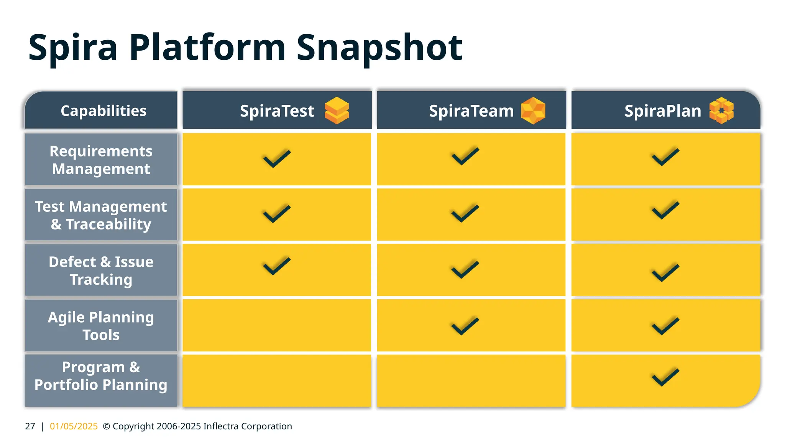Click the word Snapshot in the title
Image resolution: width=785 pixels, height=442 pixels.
click(379, 48)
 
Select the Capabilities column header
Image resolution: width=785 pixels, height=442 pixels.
click(103, 111)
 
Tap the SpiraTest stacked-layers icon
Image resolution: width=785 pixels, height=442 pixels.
click(337, 110)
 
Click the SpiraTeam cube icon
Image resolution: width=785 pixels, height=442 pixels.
click(533, 110)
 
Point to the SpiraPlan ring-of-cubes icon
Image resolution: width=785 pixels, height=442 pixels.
click(721, 110)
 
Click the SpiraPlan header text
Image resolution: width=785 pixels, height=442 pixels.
click(662, 111)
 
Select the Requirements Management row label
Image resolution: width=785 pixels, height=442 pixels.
click(101, 160)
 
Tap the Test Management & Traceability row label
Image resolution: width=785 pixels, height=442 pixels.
click(101, 215)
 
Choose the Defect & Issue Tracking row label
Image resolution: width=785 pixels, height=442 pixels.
click(101, 270)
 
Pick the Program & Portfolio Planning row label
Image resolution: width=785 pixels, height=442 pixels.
click(101, 376)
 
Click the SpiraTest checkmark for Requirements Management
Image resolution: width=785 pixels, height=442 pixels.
click(277, 158)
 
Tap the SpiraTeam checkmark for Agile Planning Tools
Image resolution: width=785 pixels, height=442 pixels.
click(465, 326)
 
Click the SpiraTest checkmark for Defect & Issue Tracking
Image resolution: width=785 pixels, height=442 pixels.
click(277, 266)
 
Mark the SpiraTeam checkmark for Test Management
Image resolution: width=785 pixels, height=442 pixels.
click(465, 214)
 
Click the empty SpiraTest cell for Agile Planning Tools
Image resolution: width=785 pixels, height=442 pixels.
click(277, 325)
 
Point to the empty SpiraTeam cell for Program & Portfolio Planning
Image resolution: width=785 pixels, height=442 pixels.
click(471, 380)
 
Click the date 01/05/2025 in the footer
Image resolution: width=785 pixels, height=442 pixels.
click(74, 426)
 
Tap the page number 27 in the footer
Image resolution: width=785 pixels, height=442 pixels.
click(30, 426)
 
